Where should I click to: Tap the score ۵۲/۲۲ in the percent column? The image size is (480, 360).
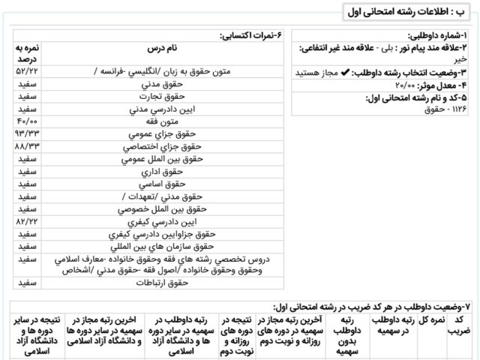[28, 70]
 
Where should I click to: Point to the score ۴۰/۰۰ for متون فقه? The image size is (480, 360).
[28, 121]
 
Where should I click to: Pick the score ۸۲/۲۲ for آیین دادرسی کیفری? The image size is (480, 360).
[28, 223]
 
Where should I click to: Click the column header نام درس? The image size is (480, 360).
[162, 49]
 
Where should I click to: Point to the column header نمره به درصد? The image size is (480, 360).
[28, 52]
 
